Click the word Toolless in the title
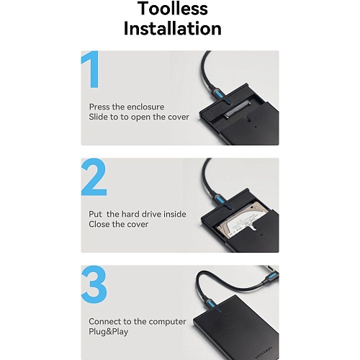tap(173, 9)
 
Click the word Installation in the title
tap(172, 28)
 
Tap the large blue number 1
tap(91, 69)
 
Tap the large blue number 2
tap(94, 177)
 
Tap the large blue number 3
tap(94, 284)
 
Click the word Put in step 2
tap(95, 214)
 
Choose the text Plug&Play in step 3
tap(109, 332)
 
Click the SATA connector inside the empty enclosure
tap(238, 110)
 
